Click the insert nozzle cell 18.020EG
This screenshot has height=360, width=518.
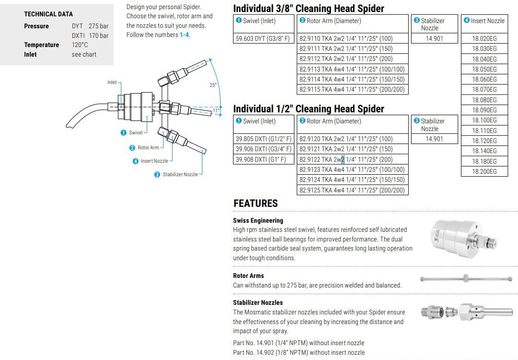[x=484, y=38]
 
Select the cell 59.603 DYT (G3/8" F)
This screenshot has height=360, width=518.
[x=263, y=38]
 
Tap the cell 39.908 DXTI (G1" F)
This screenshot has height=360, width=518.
[x=261, y=159]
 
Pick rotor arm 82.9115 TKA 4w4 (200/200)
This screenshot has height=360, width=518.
[x=352, y=89]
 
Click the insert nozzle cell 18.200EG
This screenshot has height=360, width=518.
[x=484, y=171]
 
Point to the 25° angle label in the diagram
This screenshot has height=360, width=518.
[x=213, y=85]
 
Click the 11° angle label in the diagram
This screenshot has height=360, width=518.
[x=216, y=111]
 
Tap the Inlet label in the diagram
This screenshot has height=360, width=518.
[x=112, y=83]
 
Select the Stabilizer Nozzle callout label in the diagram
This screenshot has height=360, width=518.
[x=180, y=174]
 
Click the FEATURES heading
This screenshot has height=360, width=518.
[x=256, y=204]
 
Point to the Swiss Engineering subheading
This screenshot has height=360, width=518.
[x=258, y=220]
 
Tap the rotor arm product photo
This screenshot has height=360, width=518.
[x=464, y=279]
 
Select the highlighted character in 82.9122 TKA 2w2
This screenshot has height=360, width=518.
[x=342, y=159]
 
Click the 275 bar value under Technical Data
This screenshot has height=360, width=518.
[x=98, y=26]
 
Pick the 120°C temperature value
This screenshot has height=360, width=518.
[x=80, y=45]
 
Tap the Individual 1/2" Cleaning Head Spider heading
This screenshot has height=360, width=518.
[x=308, y=109]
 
